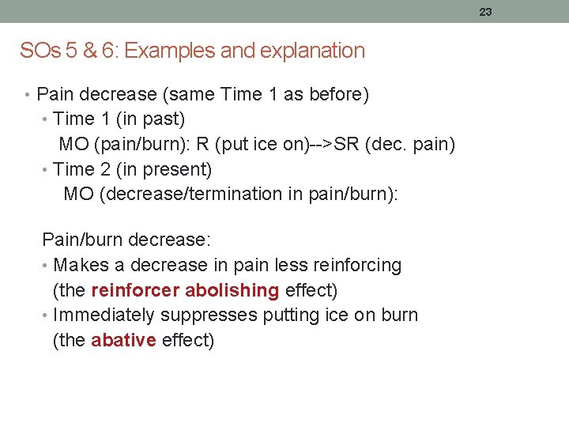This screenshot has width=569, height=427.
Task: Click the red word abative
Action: pyautogui.click(x=123, y=341)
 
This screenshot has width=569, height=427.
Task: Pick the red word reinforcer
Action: pyautogui.click(x=130, y=290)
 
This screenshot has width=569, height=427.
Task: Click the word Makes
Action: pyautogui.click(x=77, y=265)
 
